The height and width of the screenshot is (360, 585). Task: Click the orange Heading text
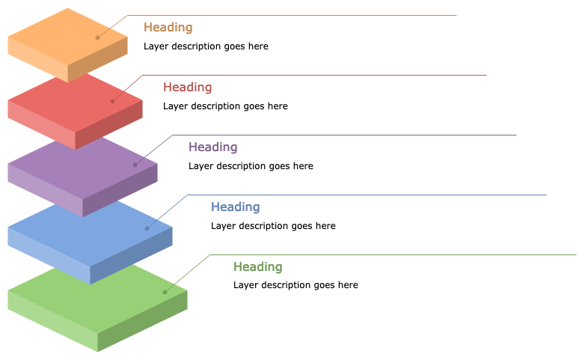(168, 28)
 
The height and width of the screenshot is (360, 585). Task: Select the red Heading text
(187, 88)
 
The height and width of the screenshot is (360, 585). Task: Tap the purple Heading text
(212, 147)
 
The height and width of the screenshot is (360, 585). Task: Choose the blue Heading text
(235, 207)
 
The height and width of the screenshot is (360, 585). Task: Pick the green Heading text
(257, 267)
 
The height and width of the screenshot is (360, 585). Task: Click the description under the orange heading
(206, 46)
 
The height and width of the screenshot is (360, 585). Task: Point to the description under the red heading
(225, 106)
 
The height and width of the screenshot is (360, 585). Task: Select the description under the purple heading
(251, 166)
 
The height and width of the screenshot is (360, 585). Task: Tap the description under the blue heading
(273, 226)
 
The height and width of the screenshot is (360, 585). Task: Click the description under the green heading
(295, 285)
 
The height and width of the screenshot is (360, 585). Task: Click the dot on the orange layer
(97, 37)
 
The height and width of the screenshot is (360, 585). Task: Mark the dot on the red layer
(113, 101)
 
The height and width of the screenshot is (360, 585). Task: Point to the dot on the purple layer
(135, 165)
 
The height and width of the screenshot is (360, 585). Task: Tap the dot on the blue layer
(147, 228)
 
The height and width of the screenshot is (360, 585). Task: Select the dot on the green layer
(165, 292)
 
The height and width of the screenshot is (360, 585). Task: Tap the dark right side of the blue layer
(131, 258)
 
